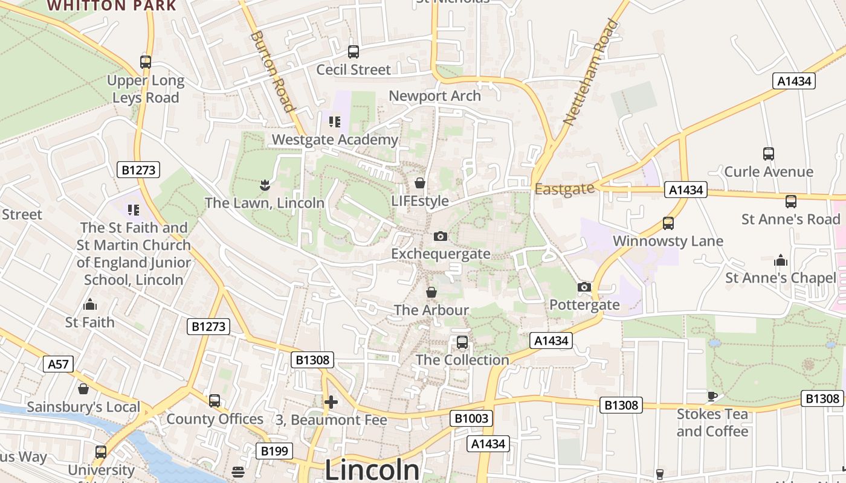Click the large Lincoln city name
(x=372, y=470)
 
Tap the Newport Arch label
(x=434, y=96)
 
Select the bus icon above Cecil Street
(x=354, y=52)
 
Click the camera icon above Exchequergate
(x=441, y=236)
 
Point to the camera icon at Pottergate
(x=584, y=287)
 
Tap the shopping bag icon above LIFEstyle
(x=420, y=182)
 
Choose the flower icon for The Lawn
(x=264, y=185)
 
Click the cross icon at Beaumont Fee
(x=331, y=401)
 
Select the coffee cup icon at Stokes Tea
(x=712, y=396)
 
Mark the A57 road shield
(x=59, y=364)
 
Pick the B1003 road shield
(x=471, y=418)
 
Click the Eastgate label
(x=564, y=189)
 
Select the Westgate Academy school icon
(x=335, y=122)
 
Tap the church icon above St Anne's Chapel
(x=781, y=260)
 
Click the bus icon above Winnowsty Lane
(x=668, y=223)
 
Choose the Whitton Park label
(x=112, y=6)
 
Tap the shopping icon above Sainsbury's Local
(x=83, y=389)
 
